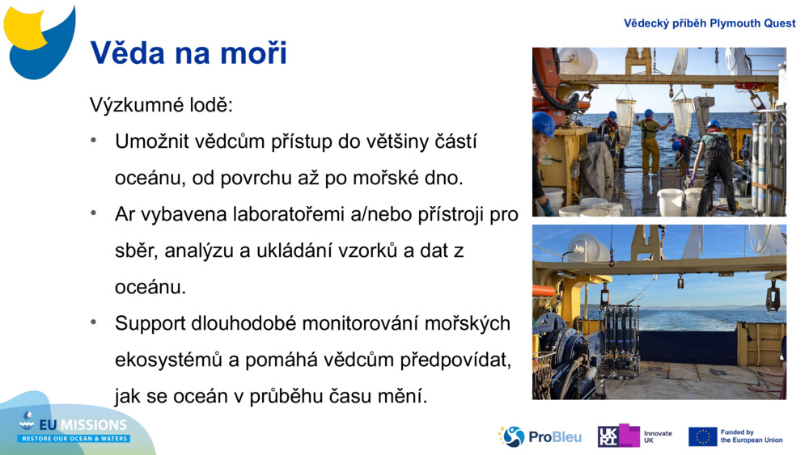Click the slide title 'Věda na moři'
tap(188, 53)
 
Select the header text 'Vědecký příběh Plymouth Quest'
tap(709, 23)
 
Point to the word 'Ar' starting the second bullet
tap(125, 214)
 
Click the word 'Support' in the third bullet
tap(151, 323)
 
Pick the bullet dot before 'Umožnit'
tap(94, 141)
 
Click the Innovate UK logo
tap(635, 436)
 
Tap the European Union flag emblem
tap(702, 436)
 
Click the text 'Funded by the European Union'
tap(752, 436)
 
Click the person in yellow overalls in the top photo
tap(649, 141)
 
